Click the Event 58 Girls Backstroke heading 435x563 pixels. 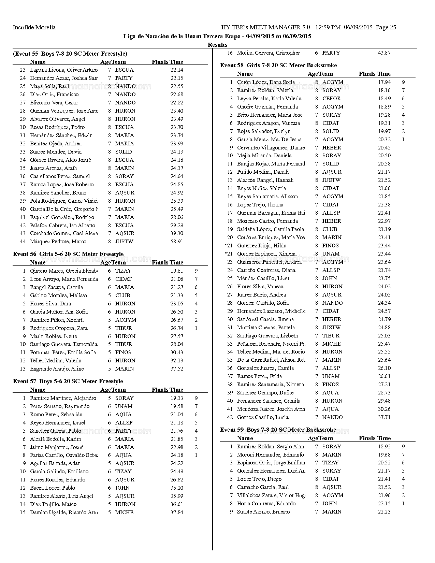[x=278, y=65]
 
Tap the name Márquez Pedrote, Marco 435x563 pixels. [x=58, y=242]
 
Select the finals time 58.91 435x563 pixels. [x=177, y=242]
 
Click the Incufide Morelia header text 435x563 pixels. [x=34, y=27]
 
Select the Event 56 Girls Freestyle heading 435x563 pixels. [x=68, y=254]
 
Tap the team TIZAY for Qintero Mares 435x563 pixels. [x=123, y=271]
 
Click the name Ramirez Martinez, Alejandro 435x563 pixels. [x=63, y=398]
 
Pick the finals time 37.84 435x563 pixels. [x=177, y=513]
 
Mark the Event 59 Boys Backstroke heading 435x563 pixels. [x=278, y=430]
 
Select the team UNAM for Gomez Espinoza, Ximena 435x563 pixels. [x=331, y=254]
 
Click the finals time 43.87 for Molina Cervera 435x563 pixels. [x=384, y=53]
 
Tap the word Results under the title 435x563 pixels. [x=217, y=45]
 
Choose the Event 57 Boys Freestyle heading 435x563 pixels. [x=68, y=381]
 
